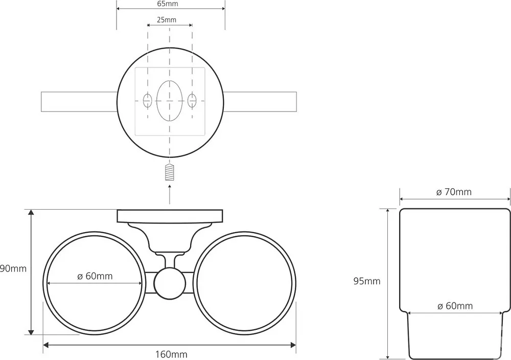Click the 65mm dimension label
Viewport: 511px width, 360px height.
(x=167, y=4)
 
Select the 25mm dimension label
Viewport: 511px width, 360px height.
(x=167, y=20)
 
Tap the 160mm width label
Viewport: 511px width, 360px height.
(x=171, y=354)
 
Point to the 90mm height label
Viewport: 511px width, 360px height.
(x=13, y=268)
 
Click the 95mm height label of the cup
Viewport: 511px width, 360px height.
(x=367, y=281)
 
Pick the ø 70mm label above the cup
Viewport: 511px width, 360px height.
(x=454, y=192)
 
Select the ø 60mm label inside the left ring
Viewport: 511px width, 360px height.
(x=95, y=276)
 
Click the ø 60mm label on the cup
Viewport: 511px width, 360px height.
(x=455, y=306)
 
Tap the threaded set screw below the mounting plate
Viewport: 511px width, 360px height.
(x=170, y=172)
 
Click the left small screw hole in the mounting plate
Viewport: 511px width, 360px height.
(x=148, y=100)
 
